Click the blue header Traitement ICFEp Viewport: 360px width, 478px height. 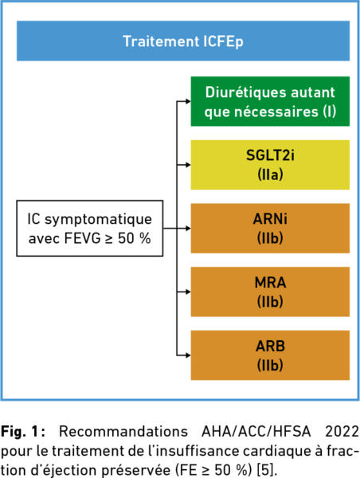tap(183, 41)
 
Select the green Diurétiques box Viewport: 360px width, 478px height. tap(270, 101)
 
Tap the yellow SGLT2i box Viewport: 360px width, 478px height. tap(270, 165)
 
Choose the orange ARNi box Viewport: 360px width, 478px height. tap(270, 229)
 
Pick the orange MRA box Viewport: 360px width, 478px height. tap(270, 292)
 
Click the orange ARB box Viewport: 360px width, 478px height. tap(270, 355)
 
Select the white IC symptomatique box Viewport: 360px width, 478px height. tap(90, 228)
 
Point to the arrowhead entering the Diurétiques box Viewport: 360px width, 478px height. tap(188, 101)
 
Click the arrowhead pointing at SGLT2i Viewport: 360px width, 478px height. tap(188, 165)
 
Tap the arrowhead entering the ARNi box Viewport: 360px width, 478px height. tap(188, 229)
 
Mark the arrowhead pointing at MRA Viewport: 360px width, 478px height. tap(188, 292)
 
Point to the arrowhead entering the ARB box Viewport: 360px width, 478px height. tap(188, 355)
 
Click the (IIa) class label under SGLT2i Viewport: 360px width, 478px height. tap(270, 174)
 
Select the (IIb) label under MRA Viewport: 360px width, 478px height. tap(270, 302)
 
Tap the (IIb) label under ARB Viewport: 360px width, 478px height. tap(270, 365)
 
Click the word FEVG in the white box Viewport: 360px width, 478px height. tap(82, 238)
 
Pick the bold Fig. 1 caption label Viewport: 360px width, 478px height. tap(23, 432)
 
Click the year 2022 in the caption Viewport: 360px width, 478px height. tap(342, 432)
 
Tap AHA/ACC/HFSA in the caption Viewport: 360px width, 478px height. tap(256, 432)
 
